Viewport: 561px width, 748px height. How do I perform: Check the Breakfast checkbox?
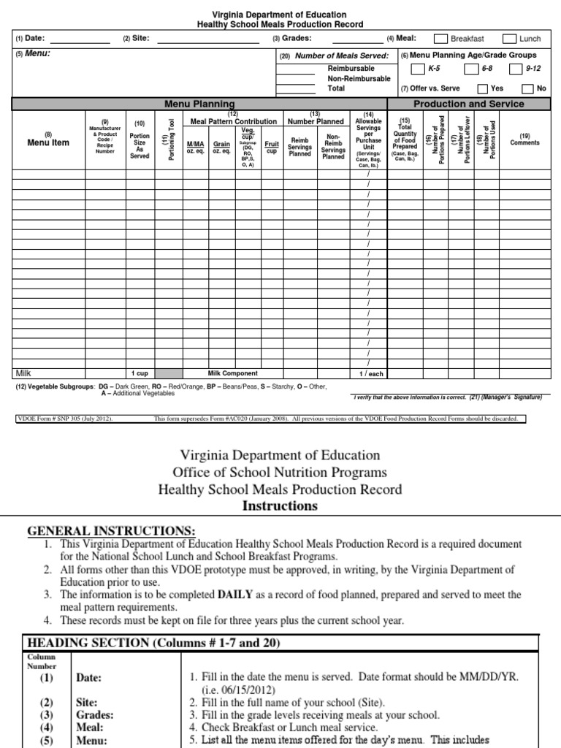coord(441,39)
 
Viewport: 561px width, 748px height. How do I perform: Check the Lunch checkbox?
coord(508,39)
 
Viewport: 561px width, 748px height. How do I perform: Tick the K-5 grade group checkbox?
coord(416,69)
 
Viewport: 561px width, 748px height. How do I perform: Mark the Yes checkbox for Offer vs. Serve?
coord(482,88)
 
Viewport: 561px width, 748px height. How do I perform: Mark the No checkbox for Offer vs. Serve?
coord(527,88)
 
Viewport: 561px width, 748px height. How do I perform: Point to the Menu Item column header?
coord(48,142)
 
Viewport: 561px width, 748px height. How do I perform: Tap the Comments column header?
coord(524,140)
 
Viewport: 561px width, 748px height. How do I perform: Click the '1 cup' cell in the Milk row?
coord(140,373)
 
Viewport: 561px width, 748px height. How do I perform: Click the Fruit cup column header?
coord(272,148)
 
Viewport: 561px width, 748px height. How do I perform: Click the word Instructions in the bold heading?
coord(280,505)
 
